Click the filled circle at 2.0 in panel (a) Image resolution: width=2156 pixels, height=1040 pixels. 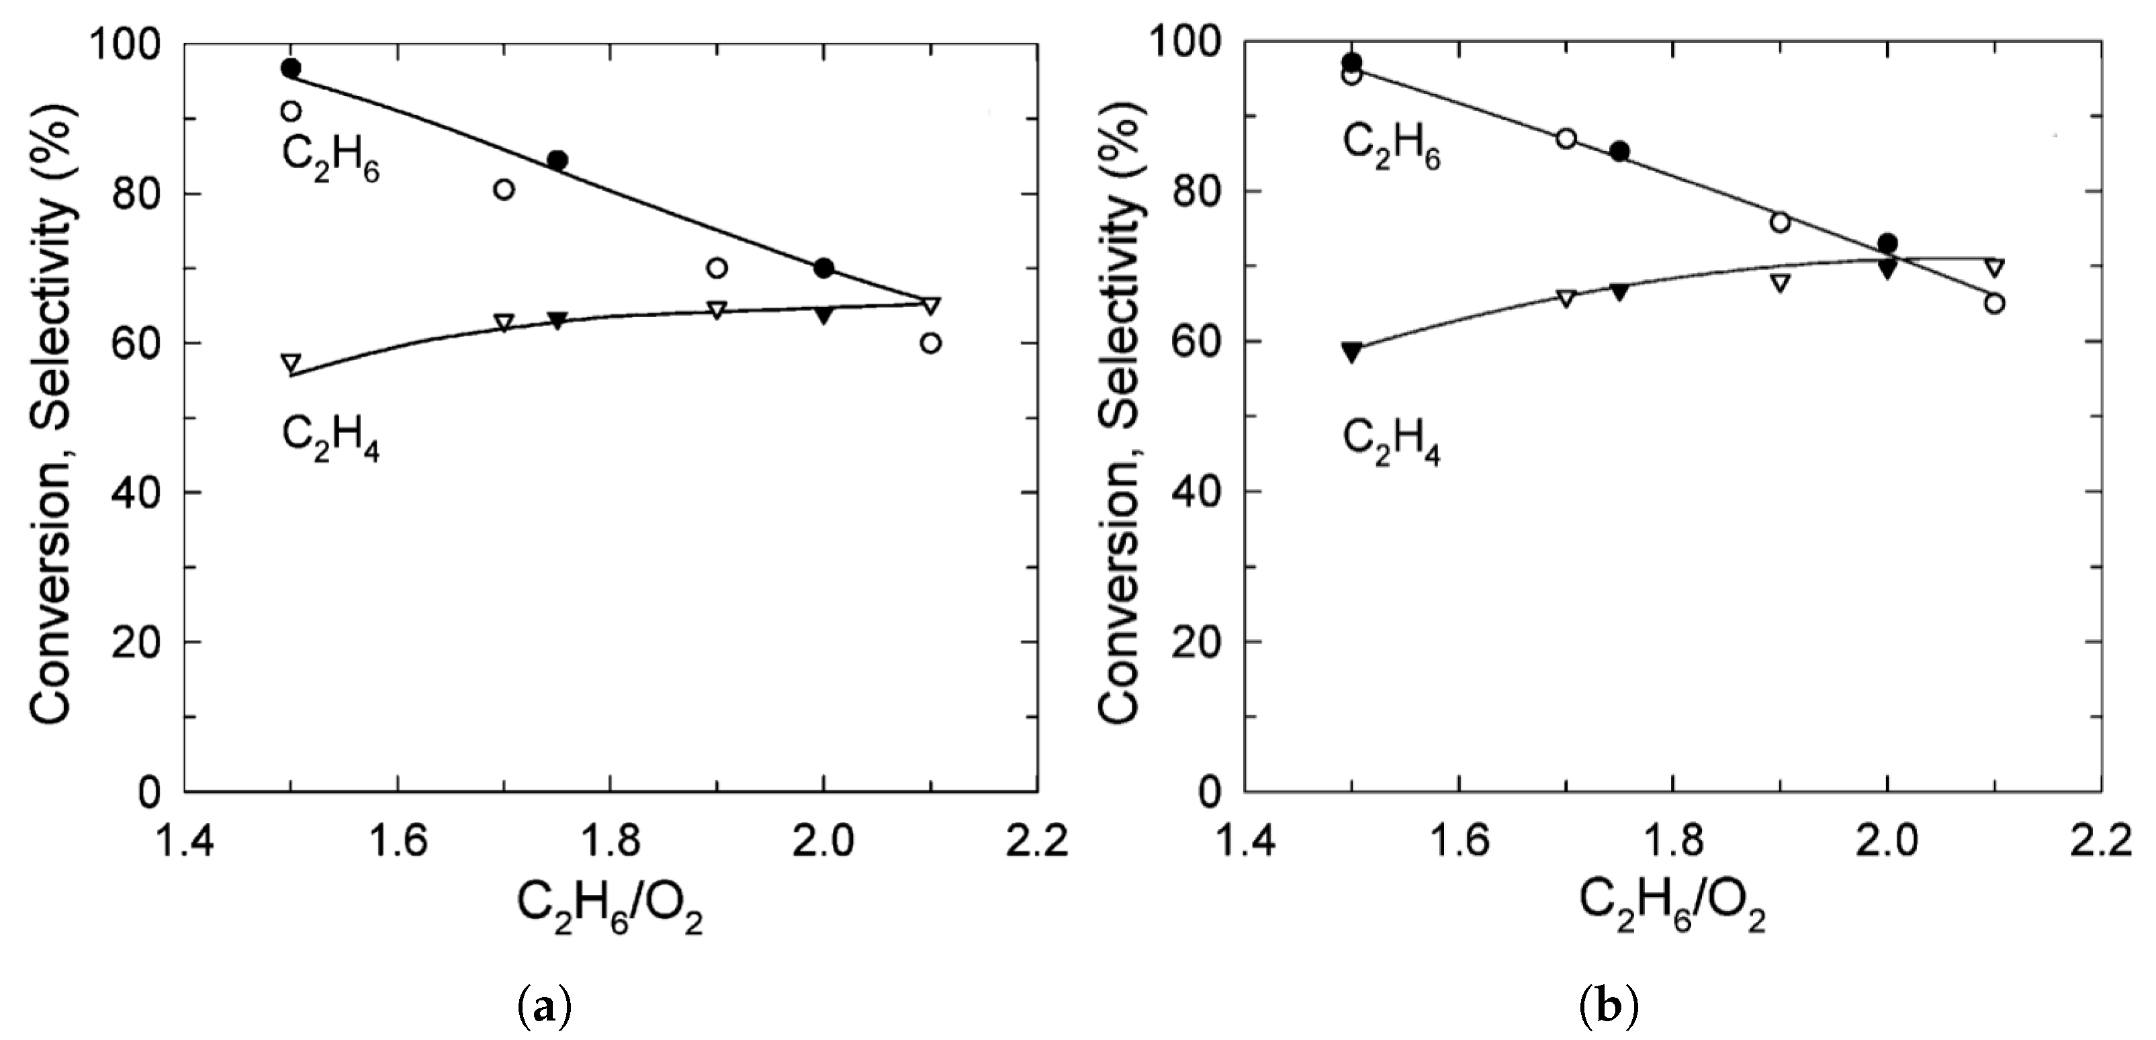823,269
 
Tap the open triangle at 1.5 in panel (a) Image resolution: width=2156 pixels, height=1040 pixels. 291,363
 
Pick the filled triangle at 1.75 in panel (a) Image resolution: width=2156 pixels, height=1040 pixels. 557,320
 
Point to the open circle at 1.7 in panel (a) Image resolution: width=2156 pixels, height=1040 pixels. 504,189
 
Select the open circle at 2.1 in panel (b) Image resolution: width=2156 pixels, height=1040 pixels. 1994,303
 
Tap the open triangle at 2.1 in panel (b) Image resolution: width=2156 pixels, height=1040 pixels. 1994,268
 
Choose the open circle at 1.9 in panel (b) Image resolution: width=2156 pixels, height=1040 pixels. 1780,222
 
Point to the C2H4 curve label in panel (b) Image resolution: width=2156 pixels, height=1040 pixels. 1391,442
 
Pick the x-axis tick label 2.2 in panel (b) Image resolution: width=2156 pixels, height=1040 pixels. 2101,841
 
